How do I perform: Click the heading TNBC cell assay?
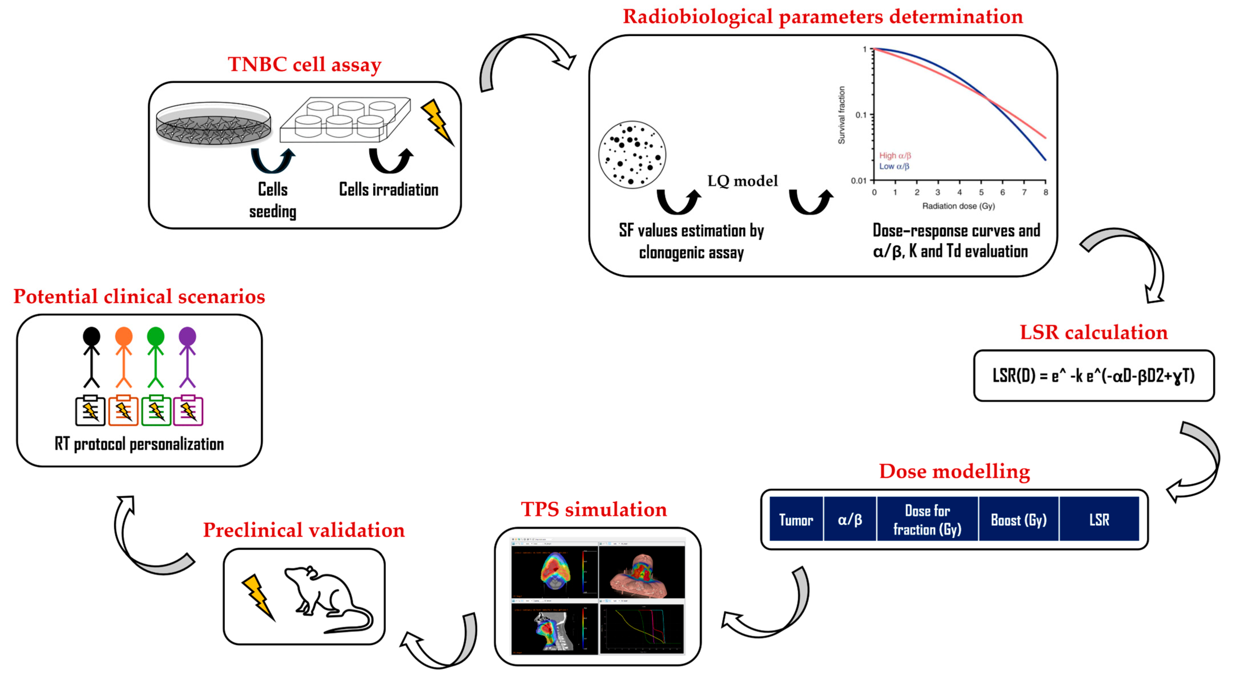(x=305, y=64)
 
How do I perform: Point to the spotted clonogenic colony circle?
(x=632, y=154)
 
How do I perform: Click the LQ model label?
(x=742, y=181)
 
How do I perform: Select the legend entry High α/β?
(x=894, y=156)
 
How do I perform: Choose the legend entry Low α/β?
(x=894, y=166)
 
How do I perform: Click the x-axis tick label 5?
(x=981, y=192)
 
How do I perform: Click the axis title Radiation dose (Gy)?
(x=958, y=206)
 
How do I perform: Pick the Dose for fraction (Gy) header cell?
(x=927, y=520)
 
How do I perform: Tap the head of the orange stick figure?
(x=124, y=336)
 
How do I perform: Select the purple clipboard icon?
(x=188, y=411)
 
